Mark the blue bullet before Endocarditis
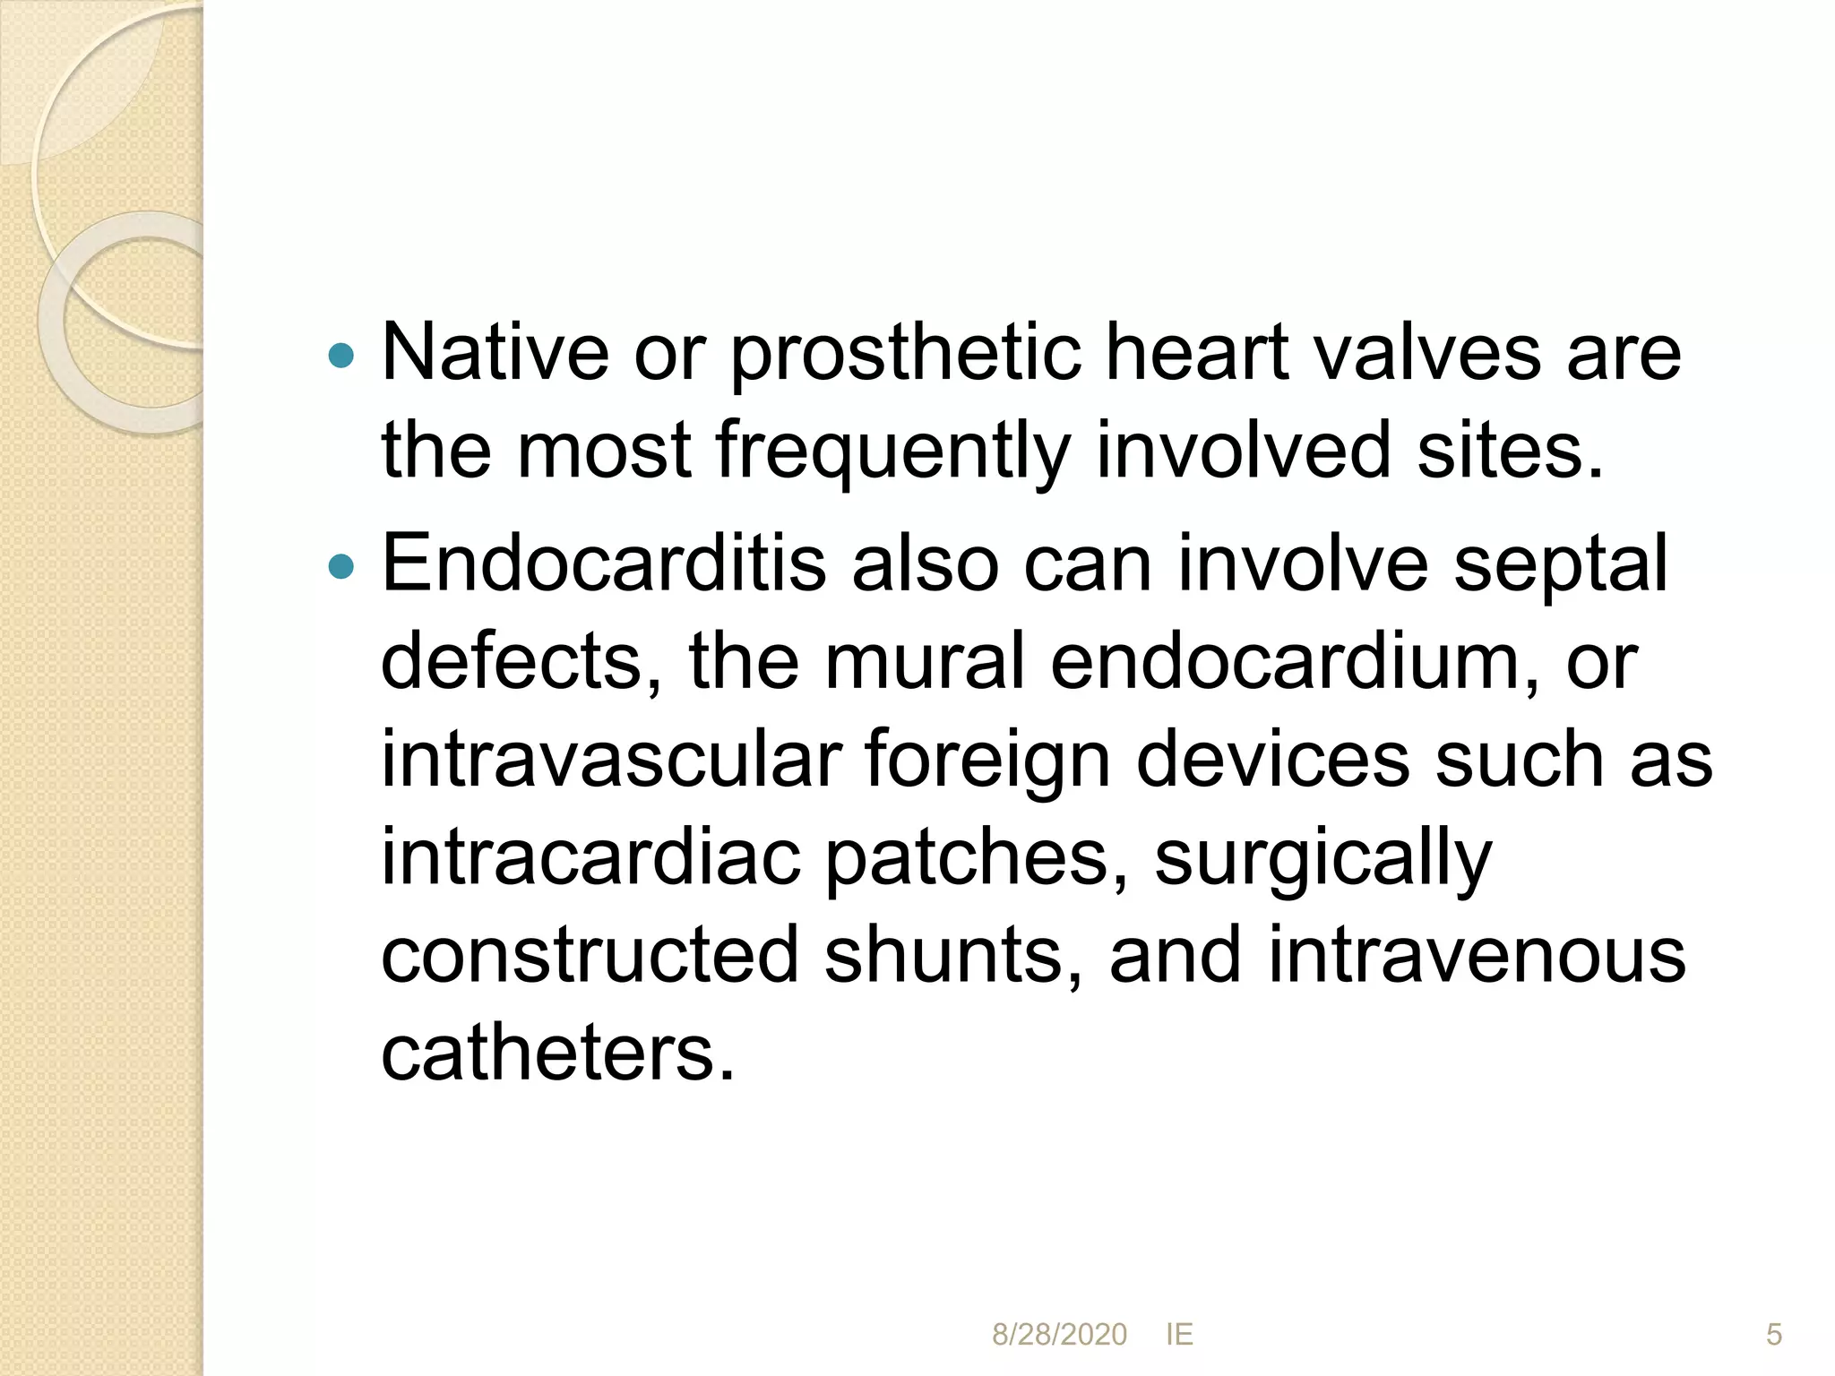(341, 567)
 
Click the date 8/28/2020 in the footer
(1059, 1335)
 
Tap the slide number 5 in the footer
(1774, 1335)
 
